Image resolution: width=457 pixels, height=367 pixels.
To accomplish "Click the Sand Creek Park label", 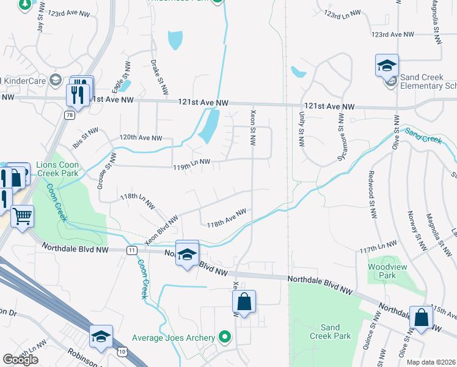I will click(330, 332).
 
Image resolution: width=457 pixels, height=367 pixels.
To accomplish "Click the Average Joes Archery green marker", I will click(225, 337).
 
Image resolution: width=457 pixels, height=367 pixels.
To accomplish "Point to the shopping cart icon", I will click(22, 215).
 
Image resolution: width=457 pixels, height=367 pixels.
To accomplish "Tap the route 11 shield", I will click(132, 250).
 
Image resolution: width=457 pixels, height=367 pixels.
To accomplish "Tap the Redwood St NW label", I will click(371, 195).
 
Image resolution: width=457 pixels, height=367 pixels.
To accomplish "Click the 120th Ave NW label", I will click(141, 138).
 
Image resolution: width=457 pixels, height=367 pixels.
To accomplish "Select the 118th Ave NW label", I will click(226, 218).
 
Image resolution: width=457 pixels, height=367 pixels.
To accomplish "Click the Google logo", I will click(20, 359).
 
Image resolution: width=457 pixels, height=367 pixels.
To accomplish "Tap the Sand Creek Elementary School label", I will click(428, 82).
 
